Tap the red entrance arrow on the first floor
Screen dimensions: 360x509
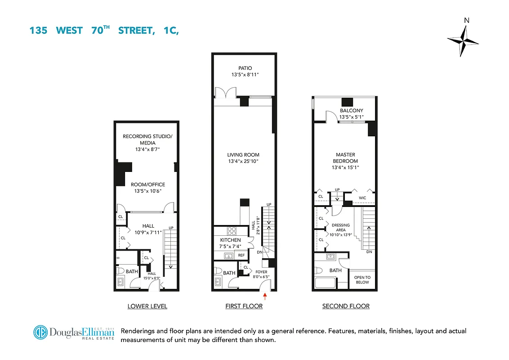[265, 296]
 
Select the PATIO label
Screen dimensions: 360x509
[246, 68]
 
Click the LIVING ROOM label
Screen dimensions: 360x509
[243, 155]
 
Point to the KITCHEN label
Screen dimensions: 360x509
[231, 240]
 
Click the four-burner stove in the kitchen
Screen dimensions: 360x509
[232, 231]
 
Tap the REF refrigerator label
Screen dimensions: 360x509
[241, 255]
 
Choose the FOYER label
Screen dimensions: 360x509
[261, 272]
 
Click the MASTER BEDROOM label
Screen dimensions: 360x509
[345, 158]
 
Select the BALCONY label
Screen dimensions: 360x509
[352, 111]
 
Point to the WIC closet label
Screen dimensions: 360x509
[362, 198]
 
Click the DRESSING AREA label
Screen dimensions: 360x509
[340, 228]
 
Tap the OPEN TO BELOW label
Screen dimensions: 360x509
[362, 279]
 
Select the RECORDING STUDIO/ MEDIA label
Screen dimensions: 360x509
[147, 139]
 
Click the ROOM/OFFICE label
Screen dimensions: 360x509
[148, 184]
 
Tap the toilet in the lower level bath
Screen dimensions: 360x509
[120, 272]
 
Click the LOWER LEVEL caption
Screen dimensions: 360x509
[147, 306]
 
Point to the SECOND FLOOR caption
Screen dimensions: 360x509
[346, 306]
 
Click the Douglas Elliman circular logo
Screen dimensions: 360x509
[41, 333]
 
